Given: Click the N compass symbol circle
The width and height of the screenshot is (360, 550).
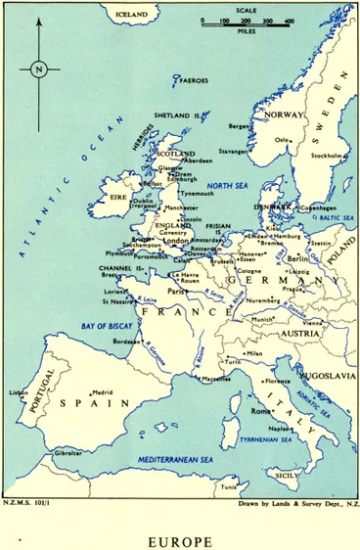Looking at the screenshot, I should click(x=38, y=69).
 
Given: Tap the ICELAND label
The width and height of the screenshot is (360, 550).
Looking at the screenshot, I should click(x=131, y=15).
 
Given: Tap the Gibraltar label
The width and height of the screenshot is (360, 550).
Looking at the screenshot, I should click(x=67, y=453).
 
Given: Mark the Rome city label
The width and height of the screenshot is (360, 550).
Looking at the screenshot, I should click(x=260, y=411).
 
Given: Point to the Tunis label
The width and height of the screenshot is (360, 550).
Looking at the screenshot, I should click(x=229, y=487).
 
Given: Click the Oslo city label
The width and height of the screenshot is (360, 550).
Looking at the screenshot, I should click(x=282, y=139).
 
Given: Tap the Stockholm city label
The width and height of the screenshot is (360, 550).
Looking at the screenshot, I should click(x=327, y=156).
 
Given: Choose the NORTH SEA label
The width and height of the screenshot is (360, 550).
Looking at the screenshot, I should click(x=227, y=186).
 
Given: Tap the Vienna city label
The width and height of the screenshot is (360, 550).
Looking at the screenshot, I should click(x=313, y=322).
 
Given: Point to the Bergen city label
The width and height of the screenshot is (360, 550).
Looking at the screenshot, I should click(x=241, y=126).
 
